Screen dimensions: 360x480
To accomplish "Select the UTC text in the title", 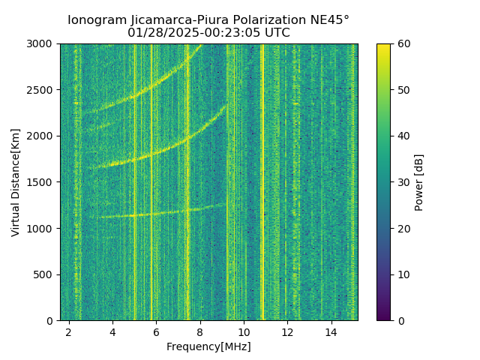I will [x=276, y=33].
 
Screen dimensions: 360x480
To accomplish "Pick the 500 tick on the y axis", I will [x=46, y=274].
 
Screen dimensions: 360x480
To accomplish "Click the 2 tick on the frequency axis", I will [x=69, y=331].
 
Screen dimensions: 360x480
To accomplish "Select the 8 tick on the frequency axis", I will [x=199, y=331].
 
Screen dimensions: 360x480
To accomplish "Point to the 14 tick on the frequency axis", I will [x=331, y=331].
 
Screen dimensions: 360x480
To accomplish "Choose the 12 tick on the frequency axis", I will [x=287, y=331].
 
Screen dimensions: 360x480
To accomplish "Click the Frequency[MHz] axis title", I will [x=208, y=346].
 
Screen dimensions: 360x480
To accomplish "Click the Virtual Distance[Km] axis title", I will [x=16, y=182].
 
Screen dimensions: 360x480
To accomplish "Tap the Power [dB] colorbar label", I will [x=419, y=182].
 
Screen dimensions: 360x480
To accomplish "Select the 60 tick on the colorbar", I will [x=402, y=43].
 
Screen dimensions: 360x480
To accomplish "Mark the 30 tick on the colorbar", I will [x=402, y=182].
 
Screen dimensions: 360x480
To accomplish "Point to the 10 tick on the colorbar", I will [x=402, y=274].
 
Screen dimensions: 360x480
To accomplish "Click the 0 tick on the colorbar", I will [x=400, y=320].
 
